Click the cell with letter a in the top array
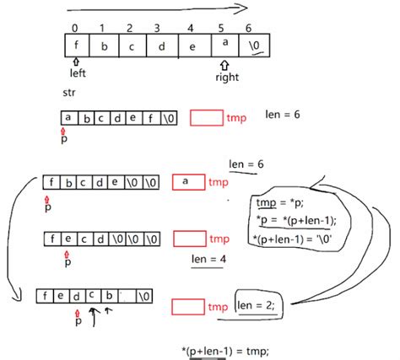[x=224, y=43]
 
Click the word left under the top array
[x=78, y=73]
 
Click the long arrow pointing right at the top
[x=156, y=9]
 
